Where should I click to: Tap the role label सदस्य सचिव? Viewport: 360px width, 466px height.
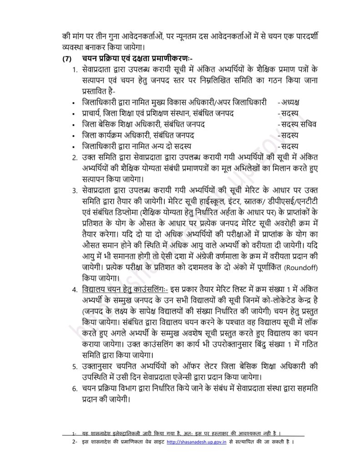[298, 124]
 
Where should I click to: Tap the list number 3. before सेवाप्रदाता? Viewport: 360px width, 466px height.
[75, 190]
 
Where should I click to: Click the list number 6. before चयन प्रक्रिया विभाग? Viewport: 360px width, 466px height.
[75, 387]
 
